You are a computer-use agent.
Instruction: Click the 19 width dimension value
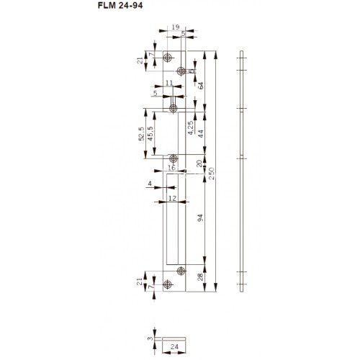[176, 27]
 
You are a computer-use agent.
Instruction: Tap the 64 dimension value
[201, 85]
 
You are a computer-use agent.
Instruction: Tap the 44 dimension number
[201, 134]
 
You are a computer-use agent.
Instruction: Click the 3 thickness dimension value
[149, 336]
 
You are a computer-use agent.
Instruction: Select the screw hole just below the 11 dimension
[173, 109]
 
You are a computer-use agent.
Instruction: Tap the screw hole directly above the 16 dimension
[173, 158]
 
